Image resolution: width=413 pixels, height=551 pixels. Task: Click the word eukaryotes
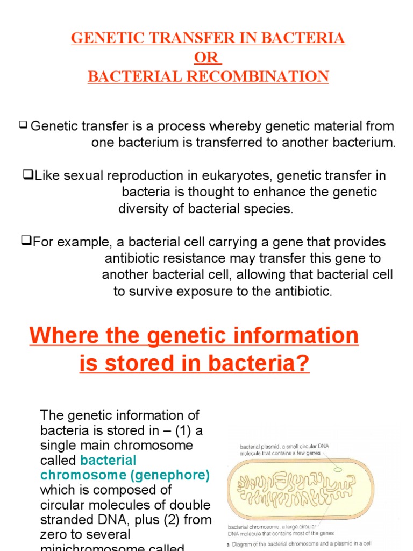coord(245,176)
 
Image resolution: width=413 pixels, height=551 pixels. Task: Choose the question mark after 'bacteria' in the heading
coord(304,364)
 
